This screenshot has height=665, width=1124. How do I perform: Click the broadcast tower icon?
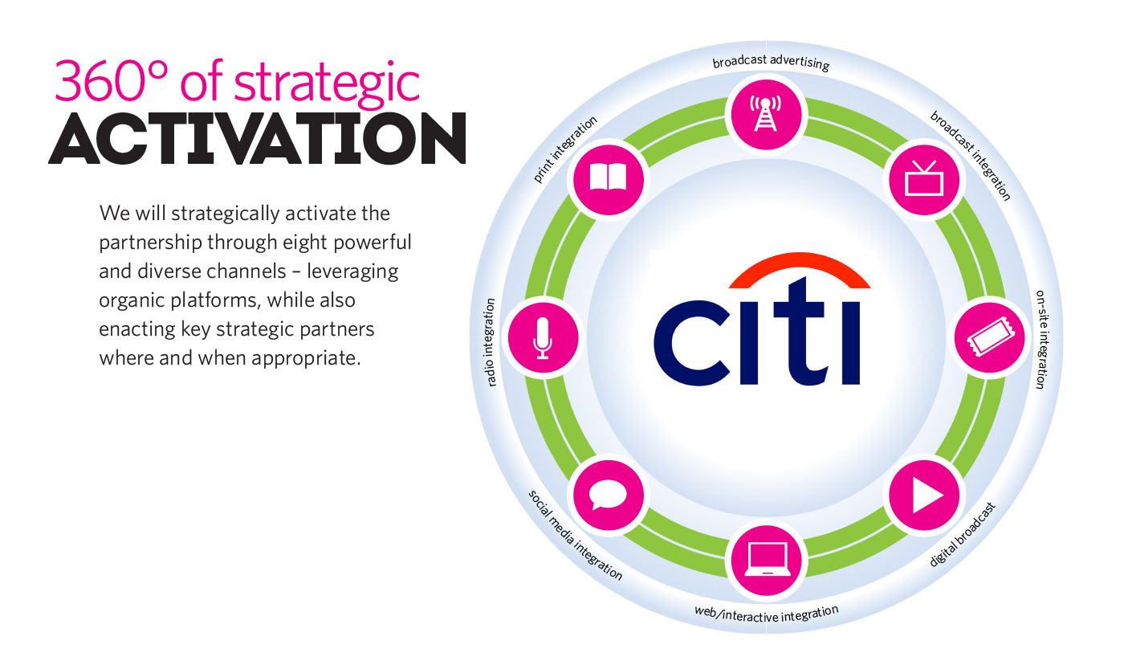click(766, 114)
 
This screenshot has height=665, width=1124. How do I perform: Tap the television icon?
click(924, 178)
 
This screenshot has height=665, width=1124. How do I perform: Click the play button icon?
click(927, 496)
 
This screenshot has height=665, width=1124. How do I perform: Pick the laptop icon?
click(767, 559)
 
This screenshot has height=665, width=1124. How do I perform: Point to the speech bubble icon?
click(608, 496)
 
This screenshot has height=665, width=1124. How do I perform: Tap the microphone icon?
click(543, 338)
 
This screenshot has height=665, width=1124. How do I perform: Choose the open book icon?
click(608, 177)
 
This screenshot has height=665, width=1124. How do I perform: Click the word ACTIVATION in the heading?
click(258, 138)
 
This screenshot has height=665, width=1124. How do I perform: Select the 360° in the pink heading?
click(111, 81)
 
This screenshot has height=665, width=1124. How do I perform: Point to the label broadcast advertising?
click(771, 62)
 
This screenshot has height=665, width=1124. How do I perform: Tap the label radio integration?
click(490, 342)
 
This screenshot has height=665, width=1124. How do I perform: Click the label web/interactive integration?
click(766, 614)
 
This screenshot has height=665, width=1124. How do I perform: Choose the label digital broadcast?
click(962, 535)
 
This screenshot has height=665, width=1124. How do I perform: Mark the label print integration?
click(565, 149)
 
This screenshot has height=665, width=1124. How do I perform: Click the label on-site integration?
click(1042, 339)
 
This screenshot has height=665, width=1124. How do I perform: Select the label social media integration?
click(575, 535)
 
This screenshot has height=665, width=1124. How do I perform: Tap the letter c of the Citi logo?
click(691, 343)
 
